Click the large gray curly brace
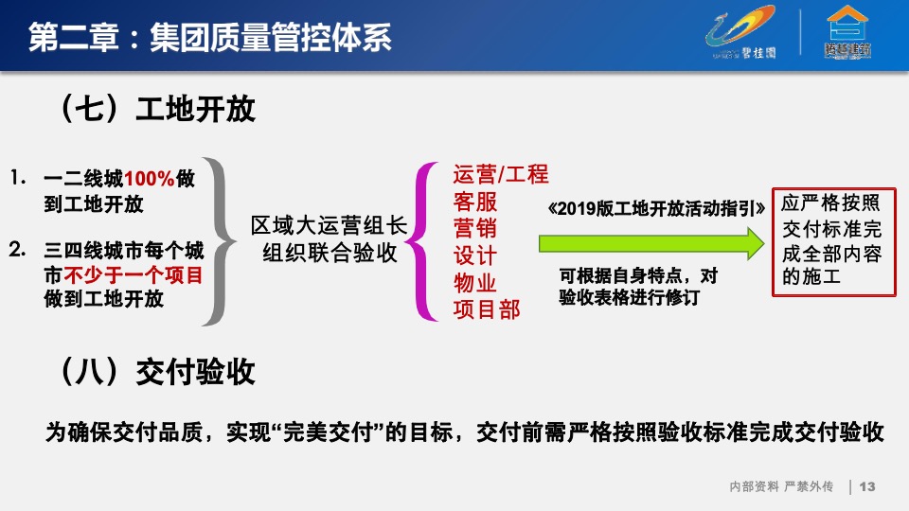(x=221, y=239)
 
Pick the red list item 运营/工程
(x=501, y=175)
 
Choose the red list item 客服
(x=474, y=203)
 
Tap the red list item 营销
(x=474, y=229)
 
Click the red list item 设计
(x=474, y=256)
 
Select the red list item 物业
(x=474, y=283)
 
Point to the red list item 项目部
(x=487, y=309)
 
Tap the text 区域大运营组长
(x=328, y=226)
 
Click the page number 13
(x=867, y=486)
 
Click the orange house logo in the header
(x=847, y=33)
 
